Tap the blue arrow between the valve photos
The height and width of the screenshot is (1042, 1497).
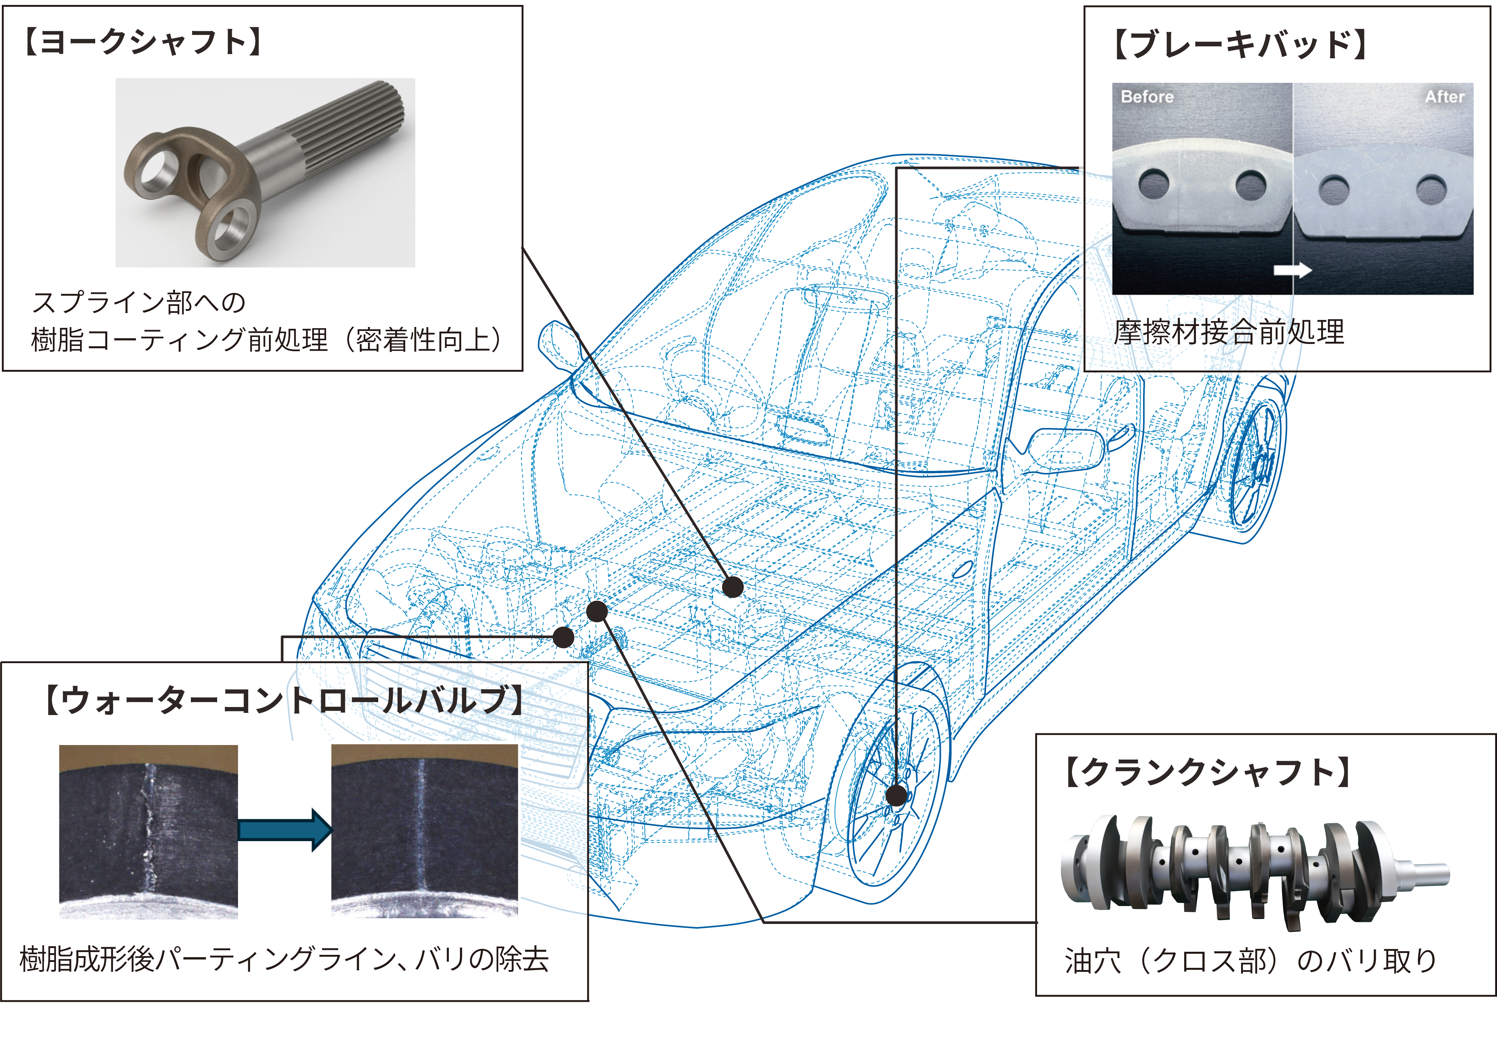click(285, 830)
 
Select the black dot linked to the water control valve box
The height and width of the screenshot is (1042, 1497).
click(563, 637)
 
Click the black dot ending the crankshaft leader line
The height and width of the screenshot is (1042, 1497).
click(597, 611)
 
